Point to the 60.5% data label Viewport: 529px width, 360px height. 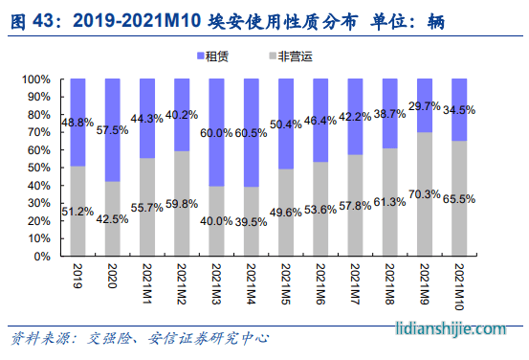pyautogui.click(x=251, y=132)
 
